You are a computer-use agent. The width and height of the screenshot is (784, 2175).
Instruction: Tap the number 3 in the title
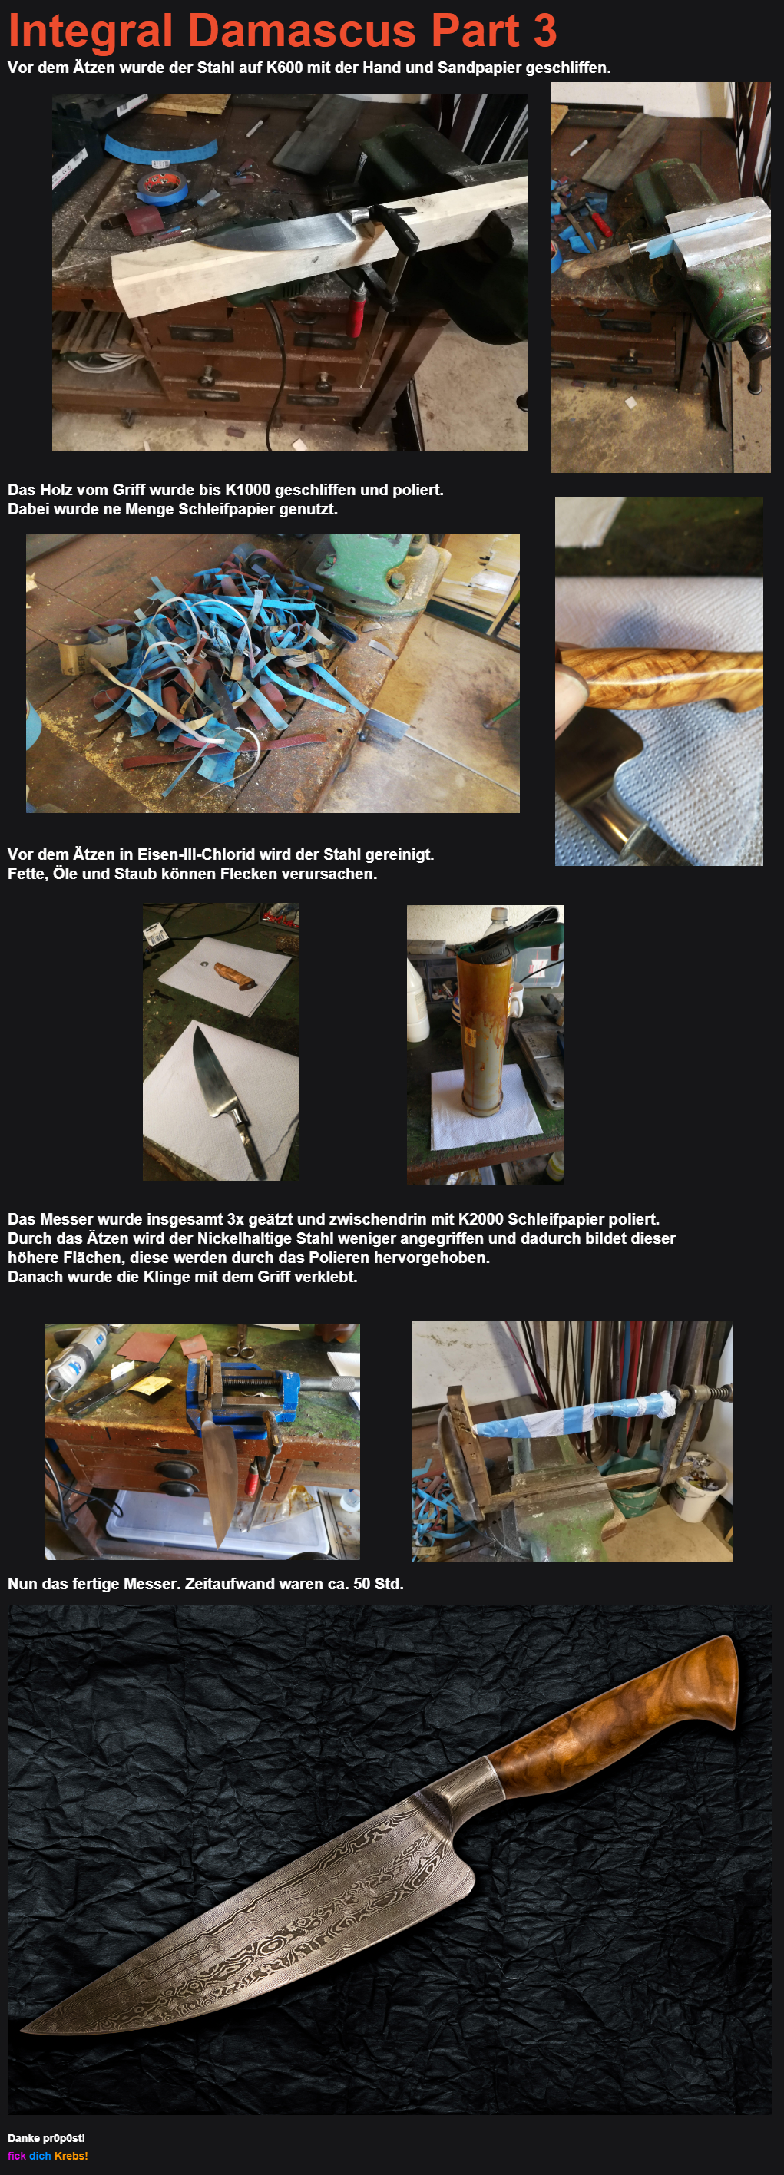(545, 31)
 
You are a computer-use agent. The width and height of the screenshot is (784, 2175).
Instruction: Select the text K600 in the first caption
(284, 68)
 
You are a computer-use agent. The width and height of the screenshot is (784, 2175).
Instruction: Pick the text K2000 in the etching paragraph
(481, 1219)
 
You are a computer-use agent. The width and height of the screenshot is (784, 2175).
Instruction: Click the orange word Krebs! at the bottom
(71, 2156)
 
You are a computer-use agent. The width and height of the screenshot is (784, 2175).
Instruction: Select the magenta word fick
(17, 2156)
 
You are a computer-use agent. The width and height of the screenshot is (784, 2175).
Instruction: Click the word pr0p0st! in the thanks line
(65, 2138)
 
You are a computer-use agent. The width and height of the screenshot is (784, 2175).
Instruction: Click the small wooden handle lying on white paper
(235, 975)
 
